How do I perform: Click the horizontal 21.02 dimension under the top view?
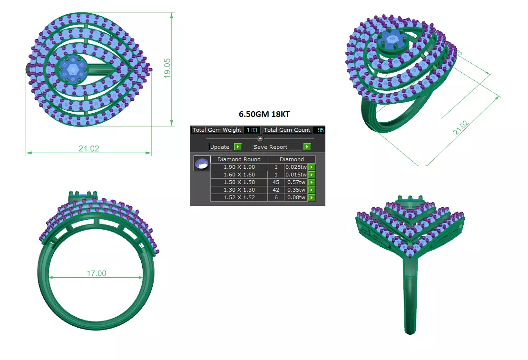[89, 148]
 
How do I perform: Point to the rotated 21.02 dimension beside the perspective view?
[461, 128]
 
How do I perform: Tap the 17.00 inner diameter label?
[96, 273]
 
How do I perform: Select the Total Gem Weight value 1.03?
[252, 130]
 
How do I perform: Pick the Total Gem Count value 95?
[319, 130]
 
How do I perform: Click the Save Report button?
[277, 147]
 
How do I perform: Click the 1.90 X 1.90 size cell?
[239, 167]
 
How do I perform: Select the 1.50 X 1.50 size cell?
[239, 182]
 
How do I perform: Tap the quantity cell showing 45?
[275, 182]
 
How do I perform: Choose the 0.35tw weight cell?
[296, 190]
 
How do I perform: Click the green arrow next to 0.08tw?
[312, 197]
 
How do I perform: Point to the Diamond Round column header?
[239, 159]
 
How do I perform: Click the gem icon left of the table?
[202, 164]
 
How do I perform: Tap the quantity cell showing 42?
[275, 190]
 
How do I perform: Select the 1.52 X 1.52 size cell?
[239, 197]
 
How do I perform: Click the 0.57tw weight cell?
[296, 182]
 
